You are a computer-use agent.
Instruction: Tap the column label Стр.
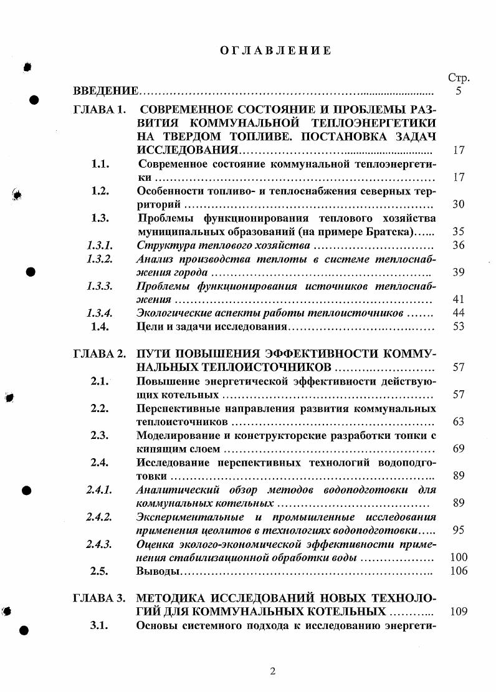click(459, 78)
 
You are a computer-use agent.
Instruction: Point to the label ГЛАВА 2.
click(100, 353)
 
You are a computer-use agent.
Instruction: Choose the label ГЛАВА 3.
click(100, 598)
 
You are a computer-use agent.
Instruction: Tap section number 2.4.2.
click(100, 517)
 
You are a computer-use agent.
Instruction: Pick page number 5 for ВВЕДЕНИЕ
click(459, 92)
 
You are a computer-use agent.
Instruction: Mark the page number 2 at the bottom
click(272, 671)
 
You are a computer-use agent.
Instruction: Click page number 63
click(459, 422)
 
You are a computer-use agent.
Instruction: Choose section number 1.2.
click(100, 191)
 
